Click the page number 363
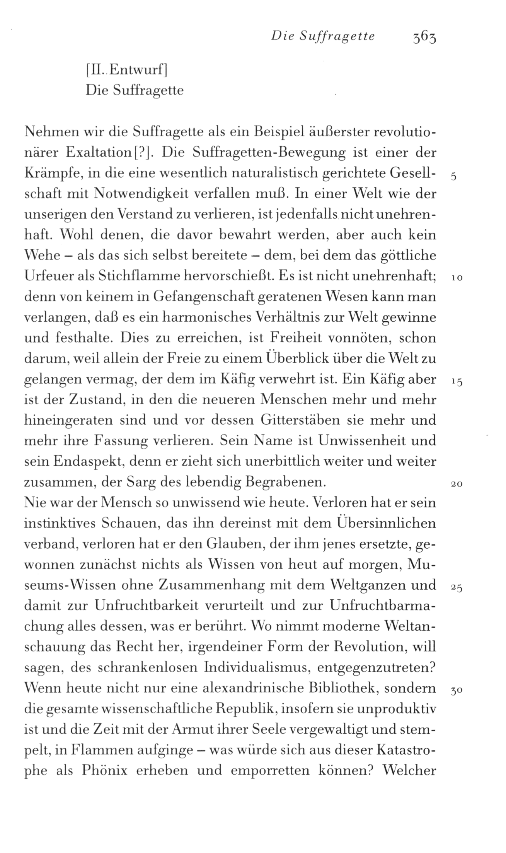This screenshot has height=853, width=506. point(424,37)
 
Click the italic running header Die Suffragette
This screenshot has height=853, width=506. point(323,36)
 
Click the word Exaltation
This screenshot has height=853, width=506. point(99,153)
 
